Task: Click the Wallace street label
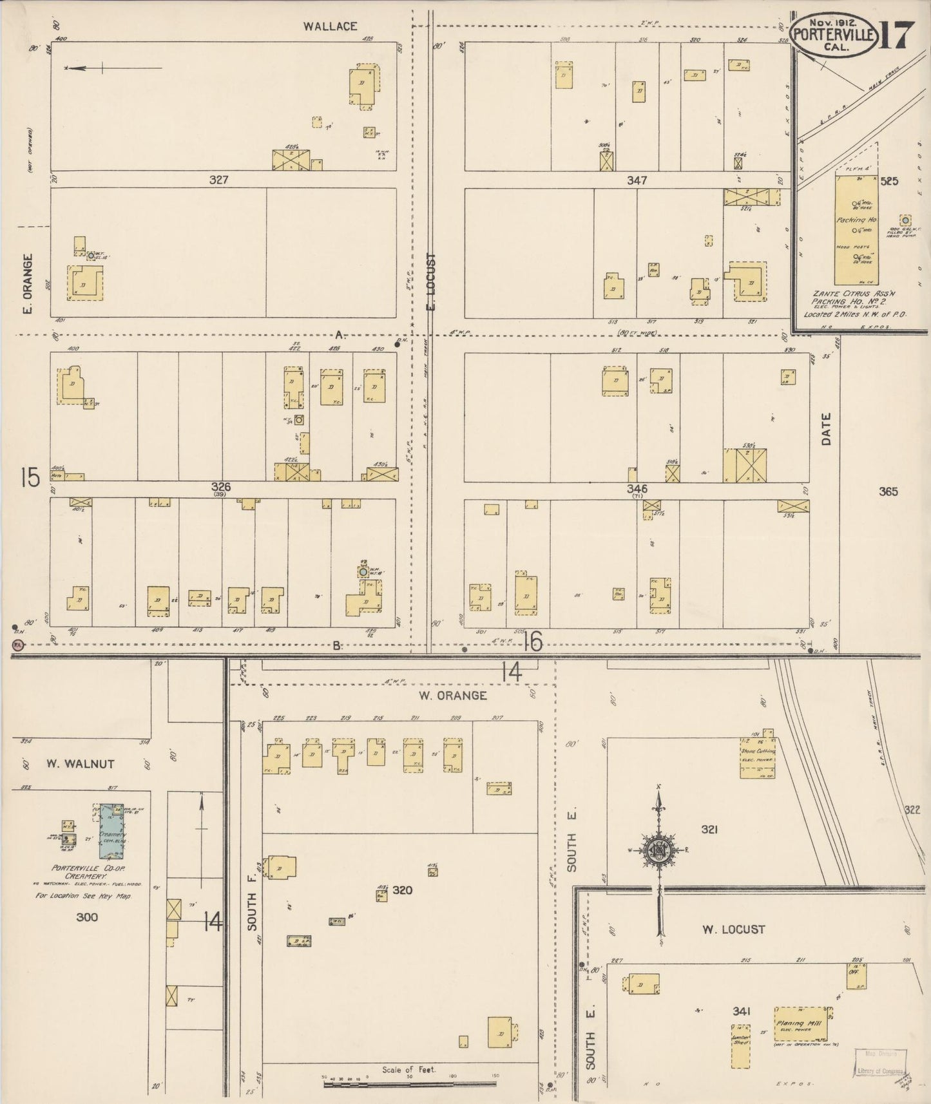[x=331, y=26]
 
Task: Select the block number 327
[x=218, y=180]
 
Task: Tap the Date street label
[x=827, y=429]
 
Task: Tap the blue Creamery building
[x=112, y=832]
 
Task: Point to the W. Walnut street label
[x=80, y=764]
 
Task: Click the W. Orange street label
[x=452, y=696]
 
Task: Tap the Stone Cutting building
[x=757, y=757]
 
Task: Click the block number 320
[x=402, y=890]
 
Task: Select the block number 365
[x=887, y=491]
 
